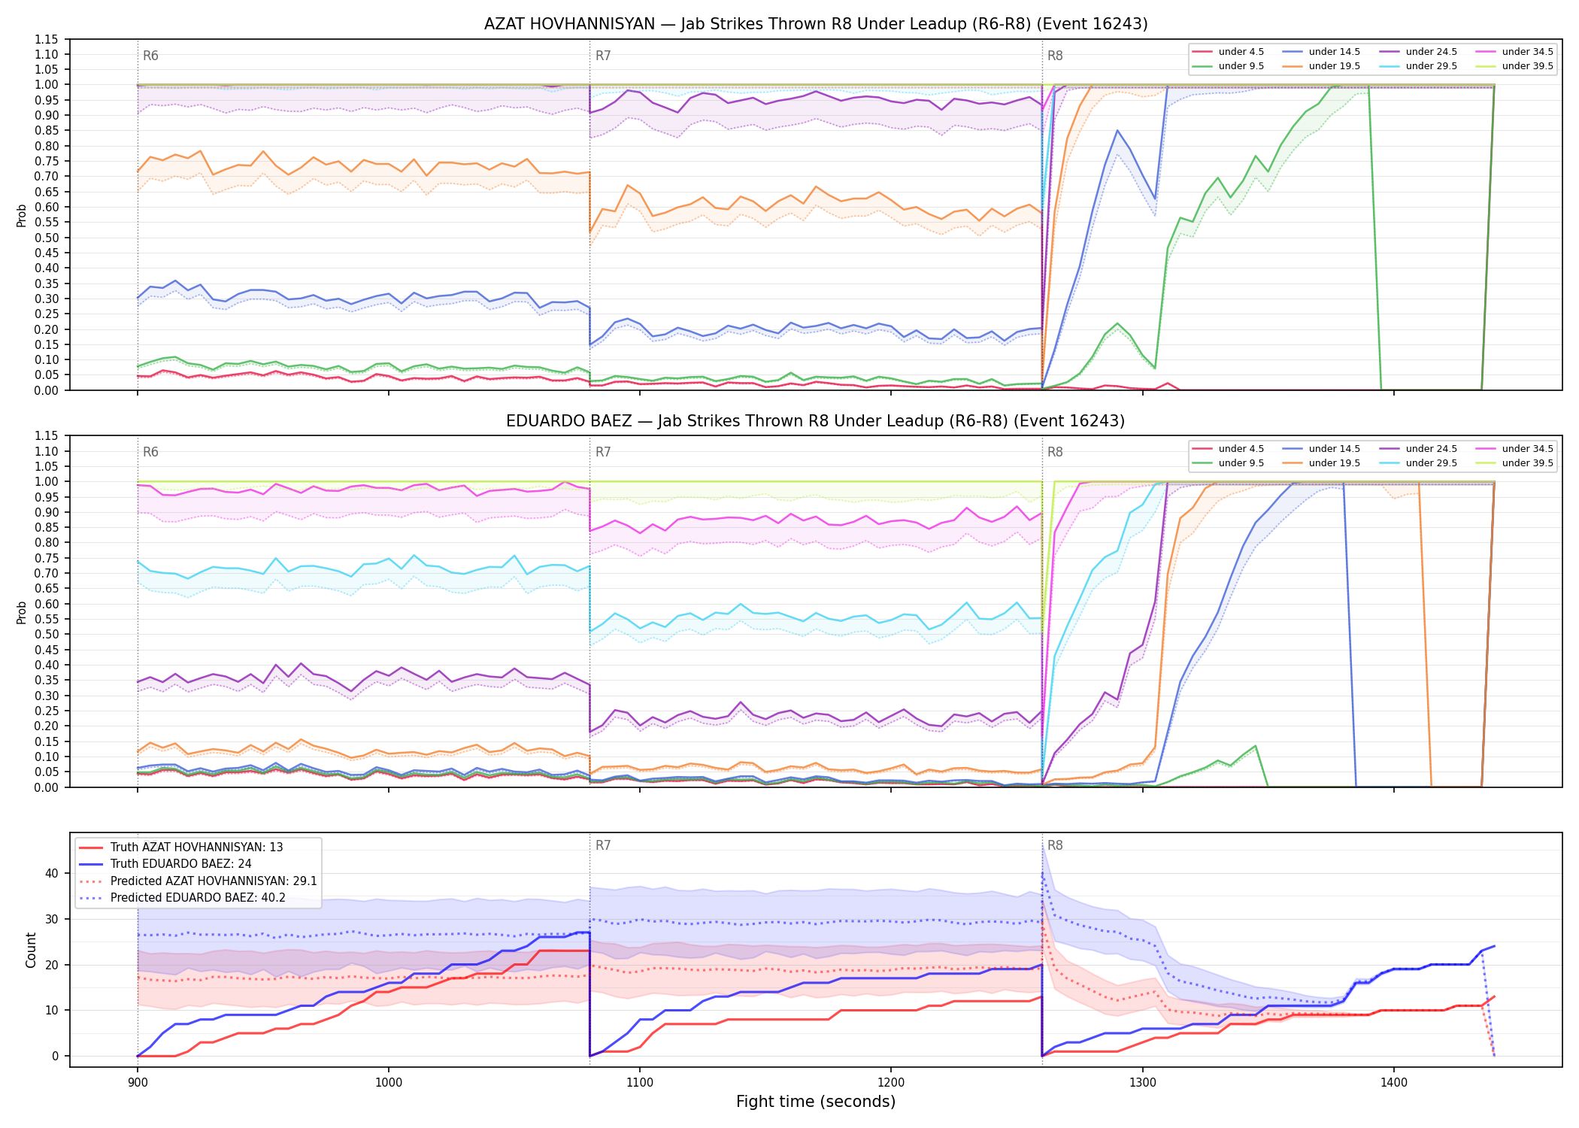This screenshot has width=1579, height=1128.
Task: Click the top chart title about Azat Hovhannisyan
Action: [816, 24]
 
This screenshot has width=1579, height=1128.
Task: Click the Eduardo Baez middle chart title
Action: [816, 421]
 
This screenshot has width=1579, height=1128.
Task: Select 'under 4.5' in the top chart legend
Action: [1241, 52]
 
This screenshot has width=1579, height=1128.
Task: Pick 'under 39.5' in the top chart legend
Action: [1527, 66]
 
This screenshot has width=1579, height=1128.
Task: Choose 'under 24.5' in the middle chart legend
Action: [1431, 449]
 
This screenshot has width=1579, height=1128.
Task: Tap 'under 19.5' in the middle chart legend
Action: [1335, 463]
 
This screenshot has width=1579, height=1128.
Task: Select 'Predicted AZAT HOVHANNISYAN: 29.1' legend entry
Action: [214, 881]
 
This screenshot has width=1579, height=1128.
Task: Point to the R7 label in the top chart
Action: [603, 56]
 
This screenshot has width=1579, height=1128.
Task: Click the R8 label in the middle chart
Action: [1055, 452]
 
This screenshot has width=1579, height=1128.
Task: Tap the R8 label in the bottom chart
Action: [1055, 845]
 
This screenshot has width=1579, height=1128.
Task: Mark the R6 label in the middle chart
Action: [150, 452]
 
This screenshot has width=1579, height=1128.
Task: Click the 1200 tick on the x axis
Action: [891, 1082]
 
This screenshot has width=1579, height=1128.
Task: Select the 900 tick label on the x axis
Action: [137, 1082]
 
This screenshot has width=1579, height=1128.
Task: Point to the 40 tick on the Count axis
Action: [51, 873]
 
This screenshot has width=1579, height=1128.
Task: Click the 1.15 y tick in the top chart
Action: [47, 39]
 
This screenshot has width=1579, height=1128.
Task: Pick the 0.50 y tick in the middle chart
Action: [47, 634]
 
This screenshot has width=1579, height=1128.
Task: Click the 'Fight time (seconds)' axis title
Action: [816, 1102]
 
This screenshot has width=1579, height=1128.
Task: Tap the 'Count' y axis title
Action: [31, 950]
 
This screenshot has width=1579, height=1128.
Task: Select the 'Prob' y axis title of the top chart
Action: [22, 215]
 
